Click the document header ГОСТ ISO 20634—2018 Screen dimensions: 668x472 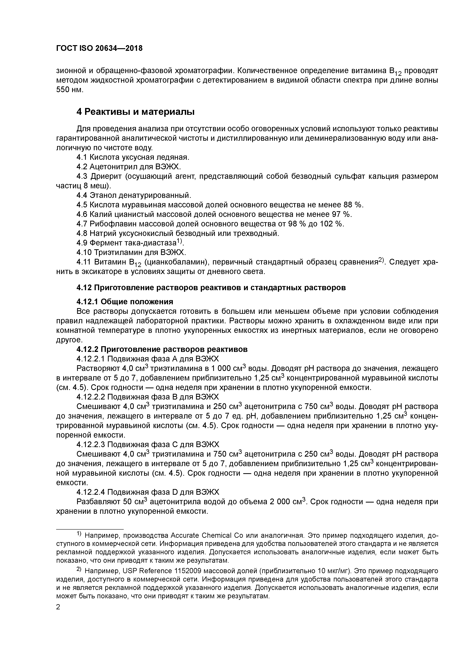[x=99, y=48]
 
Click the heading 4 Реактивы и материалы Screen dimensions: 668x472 [x=135, y=112]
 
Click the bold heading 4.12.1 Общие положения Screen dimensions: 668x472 [x=125, y=301]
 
